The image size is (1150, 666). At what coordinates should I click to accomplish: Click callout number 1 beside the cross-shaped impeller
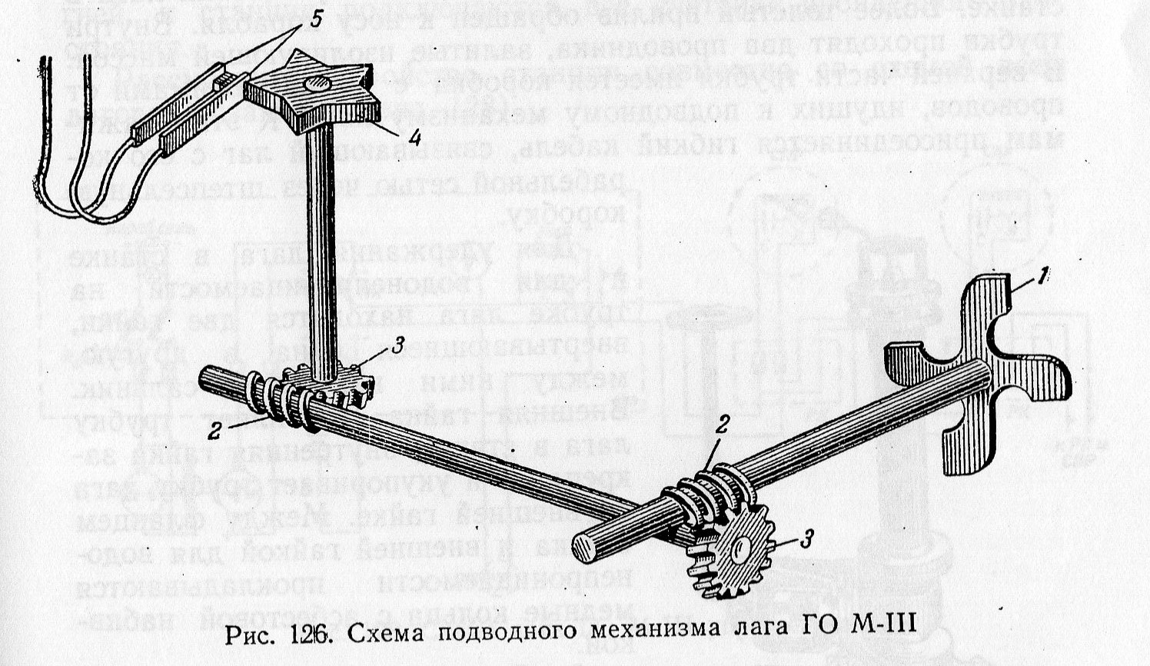(1039, 279)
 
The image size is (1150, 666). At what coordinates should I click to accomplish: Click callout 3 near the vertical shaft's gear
(397, 347)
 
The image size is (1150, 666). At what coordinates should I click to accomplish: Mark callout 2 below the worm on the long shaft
(214, 431)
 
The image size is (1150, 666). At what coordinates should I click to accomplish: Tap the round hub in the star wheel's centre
(314, 84)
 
